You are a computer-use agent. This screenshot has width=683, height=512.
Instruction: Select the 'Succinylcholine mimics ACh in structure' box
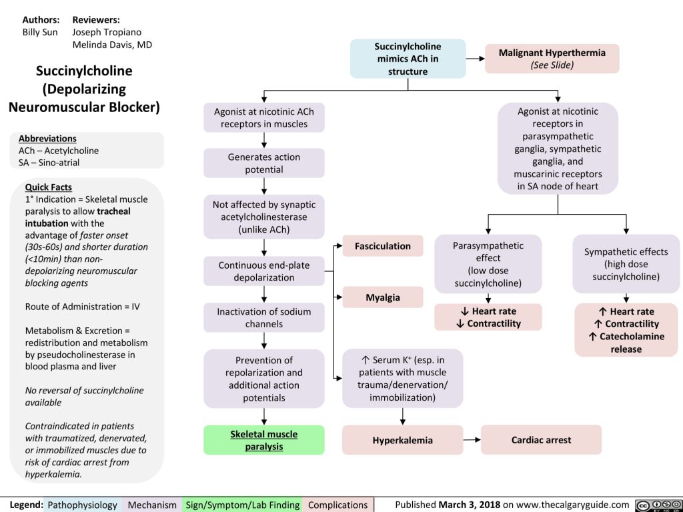pos(408,59)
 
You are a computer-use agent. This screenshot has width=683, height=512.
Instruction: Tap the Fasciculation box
pos(382,246)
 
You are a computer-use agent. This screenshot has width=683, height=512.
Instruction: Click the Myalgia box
pos(382,297)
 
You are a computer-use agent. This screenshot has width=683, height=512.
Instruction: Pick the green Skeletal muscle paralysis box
pos(264,440)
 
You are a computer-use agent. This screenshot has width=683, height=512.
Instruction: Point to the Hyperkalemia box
pos(402,440)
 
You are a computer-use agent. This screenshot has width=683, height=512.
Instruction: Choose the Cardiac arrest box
pos(540,440)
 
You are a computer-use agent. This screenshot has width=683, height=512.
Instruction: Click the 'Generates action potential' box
pos(264,163)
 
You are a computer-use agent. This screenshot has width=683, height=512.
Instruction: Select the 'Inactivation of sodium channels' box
pos(264,317)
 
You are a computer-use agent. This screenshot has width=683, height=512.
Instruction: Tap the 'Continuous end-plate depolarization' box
pos(264,271)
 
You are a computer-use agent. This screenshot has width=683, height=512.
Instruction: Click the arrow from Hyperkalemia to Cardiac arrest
pos(472,440)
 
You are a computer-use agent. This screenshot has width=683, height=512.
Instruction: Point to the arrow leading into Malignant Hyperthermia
pos(475,59)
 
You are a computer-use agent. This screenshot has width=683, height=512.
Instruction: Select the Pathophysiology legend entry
pos(83,505)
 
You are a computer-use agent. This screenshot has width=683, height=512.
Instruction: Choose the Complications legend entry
pos(337,505)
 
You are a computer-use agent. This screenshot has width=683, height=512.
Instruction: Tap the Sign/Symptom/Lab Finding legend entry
pos(243,505)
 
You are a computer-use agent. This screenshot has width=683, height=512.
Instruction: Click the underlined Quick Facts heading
pos(48,187)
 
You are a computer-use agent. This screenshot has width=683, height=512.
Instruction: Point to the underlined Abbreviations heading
pos(47,139)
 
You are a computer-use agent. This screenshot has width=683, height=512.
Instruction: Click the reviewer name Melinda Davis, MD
pos(113,45)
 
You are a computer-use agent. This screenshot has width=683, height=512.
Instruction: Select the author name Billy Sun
pos(40,32)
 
